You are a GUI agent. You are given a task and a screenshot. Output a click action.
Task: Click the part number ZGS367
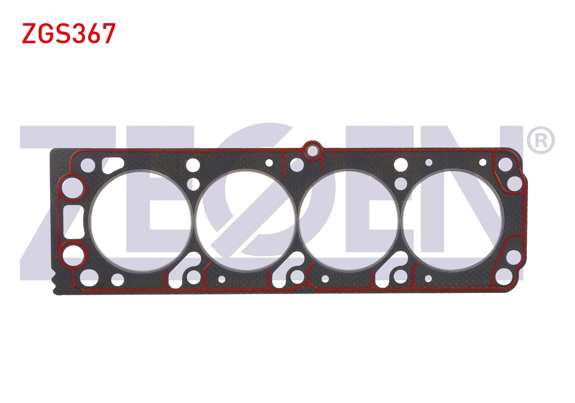click(69, 33)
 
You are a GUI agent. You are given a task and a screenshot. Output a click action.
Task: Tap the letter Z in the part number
click(29, 33)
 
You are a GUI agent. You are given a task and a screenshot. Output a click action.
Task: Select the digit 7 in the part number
click(109, 33)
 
